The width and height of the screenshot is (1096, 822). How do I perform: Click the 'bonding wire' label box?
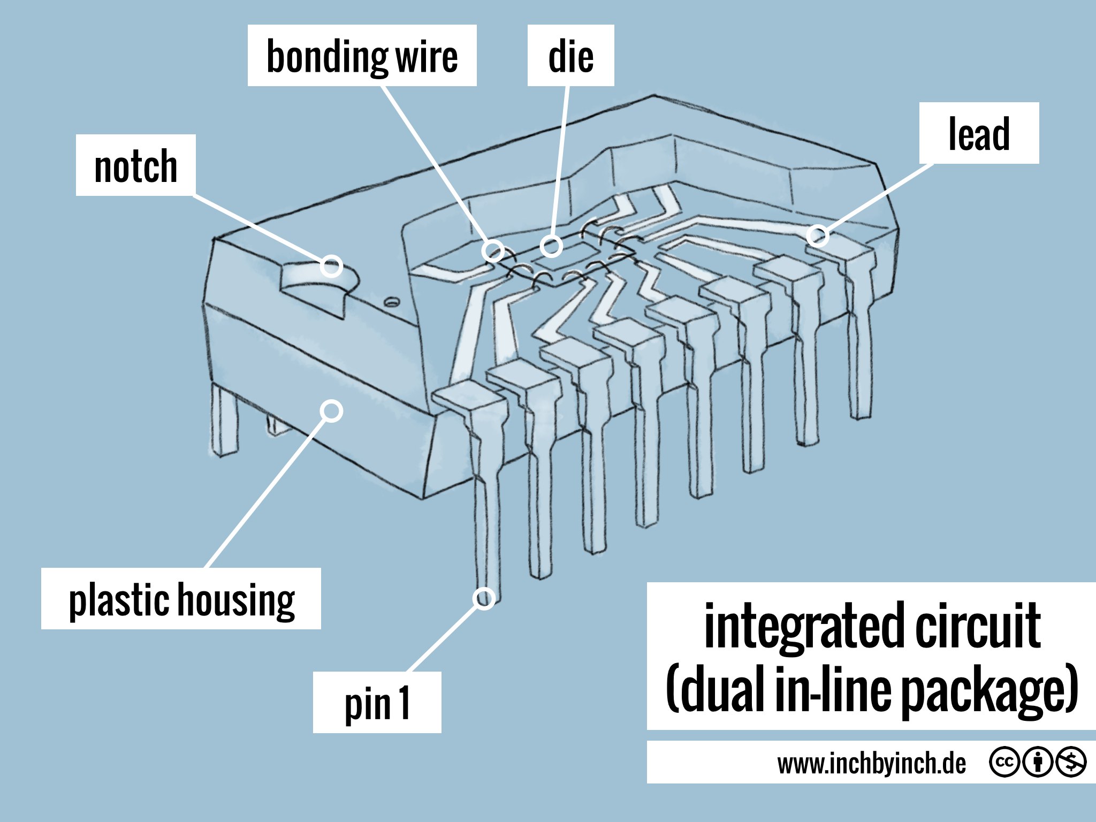pyautogui.click(x=362, y=56)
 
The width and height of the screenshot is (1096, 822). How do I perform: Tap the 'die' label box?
pyautogui.click(x=570, y=56)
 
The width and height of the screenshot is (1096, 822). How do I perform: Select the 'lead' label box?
pyautogui.click(x=979, y=133)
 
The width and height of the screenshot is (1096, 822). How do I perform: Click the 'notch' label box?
pyautogui.click(x=135, y=165)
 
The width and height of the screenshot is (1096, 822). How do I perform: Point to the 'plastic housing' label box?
pyautogui.click(x=181, y=599)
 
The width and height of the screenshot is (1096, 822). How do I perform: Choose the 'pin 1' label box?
pyautogui.click(x=377, y=703)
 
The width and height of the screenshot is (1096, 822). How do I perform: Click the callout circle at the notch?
pyautogui.click(x=331, y=265)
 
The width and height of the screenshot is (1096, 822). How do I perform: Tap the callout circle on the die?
pyautogui.click(x=551, y=246)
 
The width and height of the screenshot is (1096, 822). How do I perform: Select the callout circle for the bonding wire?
pyautogui.click(x=492, y=250)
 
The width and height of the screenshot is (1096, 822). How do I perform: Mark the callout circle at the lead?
pyautogui.click(x=817, y=235)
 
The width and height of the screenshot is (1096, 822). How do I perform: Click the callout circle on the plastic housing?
pyautogui.click(x=332, y=411)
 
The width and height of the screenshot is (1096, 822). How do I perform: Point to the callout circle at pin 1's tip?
pyautogui.click(x=484, y=598)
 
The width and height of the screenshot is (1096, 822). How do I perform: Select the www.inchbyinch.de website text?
pyautogui.click(x=872, y=763)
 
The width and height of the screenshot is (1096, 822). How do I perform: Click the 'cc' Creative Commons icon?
pyautogui.click(x=1004, y=762)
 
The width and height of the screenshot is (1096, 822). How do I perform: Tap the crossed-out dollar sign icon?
pyautogui.click(x=1070, y=762)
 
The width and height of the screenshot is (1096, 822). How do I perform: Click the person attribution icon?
pyautogui.click(x=1038, y=762)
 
